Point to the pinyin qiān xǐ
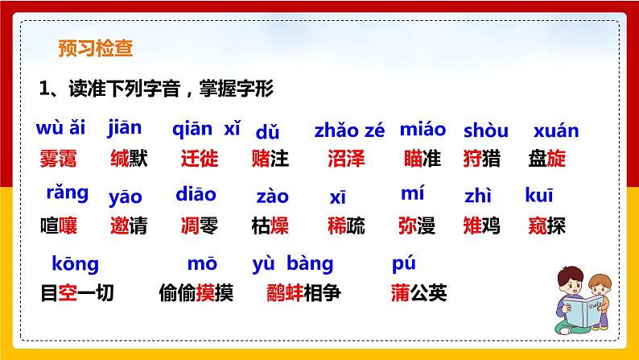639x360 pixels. point(206,129)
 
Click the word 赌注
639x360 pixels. point(270,159)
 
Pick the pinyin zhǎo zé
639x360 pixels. point(349,130)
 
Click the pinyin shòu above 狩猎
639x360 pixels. point(486,130)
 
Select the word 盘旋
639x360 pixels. point(547,159)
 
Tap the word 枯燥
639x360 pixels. point(270,226)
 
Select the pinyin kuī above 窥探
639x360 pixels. point(539,196)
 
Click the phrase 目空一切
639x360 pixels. point(77,293)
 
